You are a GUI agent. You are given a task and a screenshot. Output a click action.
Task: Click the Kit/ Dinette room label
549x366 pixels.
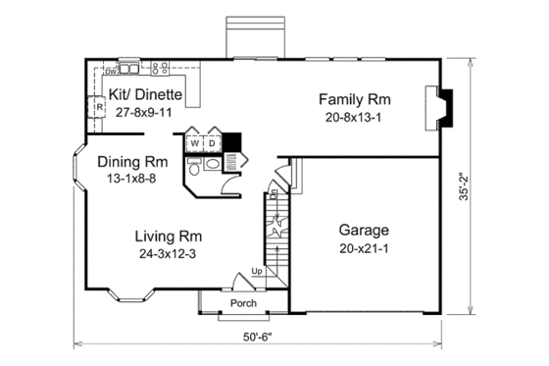pos(145,95)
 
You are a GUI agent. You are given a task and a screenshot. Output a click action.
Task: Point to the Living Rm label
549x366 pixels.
pos(170,236)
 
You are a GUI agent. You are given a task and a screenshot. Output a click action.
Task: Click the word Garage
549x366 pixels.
pos(365,230)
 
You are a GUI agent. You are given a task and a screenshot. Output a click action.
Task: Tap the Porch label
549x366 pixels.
pos(243,303)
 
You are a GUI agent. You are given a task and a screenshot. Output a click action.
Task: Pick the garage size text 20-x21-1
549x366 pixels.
pos(365,247)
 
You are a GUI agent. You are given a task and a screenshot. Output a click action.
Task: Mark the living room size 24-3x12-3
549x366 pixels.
pos(170,253)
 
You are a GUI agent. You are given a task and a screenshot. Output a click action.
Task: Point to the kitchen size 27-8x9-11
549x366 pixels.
pos(144,112)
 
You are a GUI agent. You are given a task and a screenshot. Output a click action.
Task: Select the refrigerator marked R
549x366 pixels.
pos(100,107)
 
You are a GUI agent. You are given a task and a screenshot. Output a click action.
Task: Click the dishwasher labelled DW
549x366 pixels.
pos(111,71)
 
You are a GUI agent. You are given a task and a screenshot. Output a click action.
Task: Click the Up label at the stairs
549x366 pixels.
pos(257,271)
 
